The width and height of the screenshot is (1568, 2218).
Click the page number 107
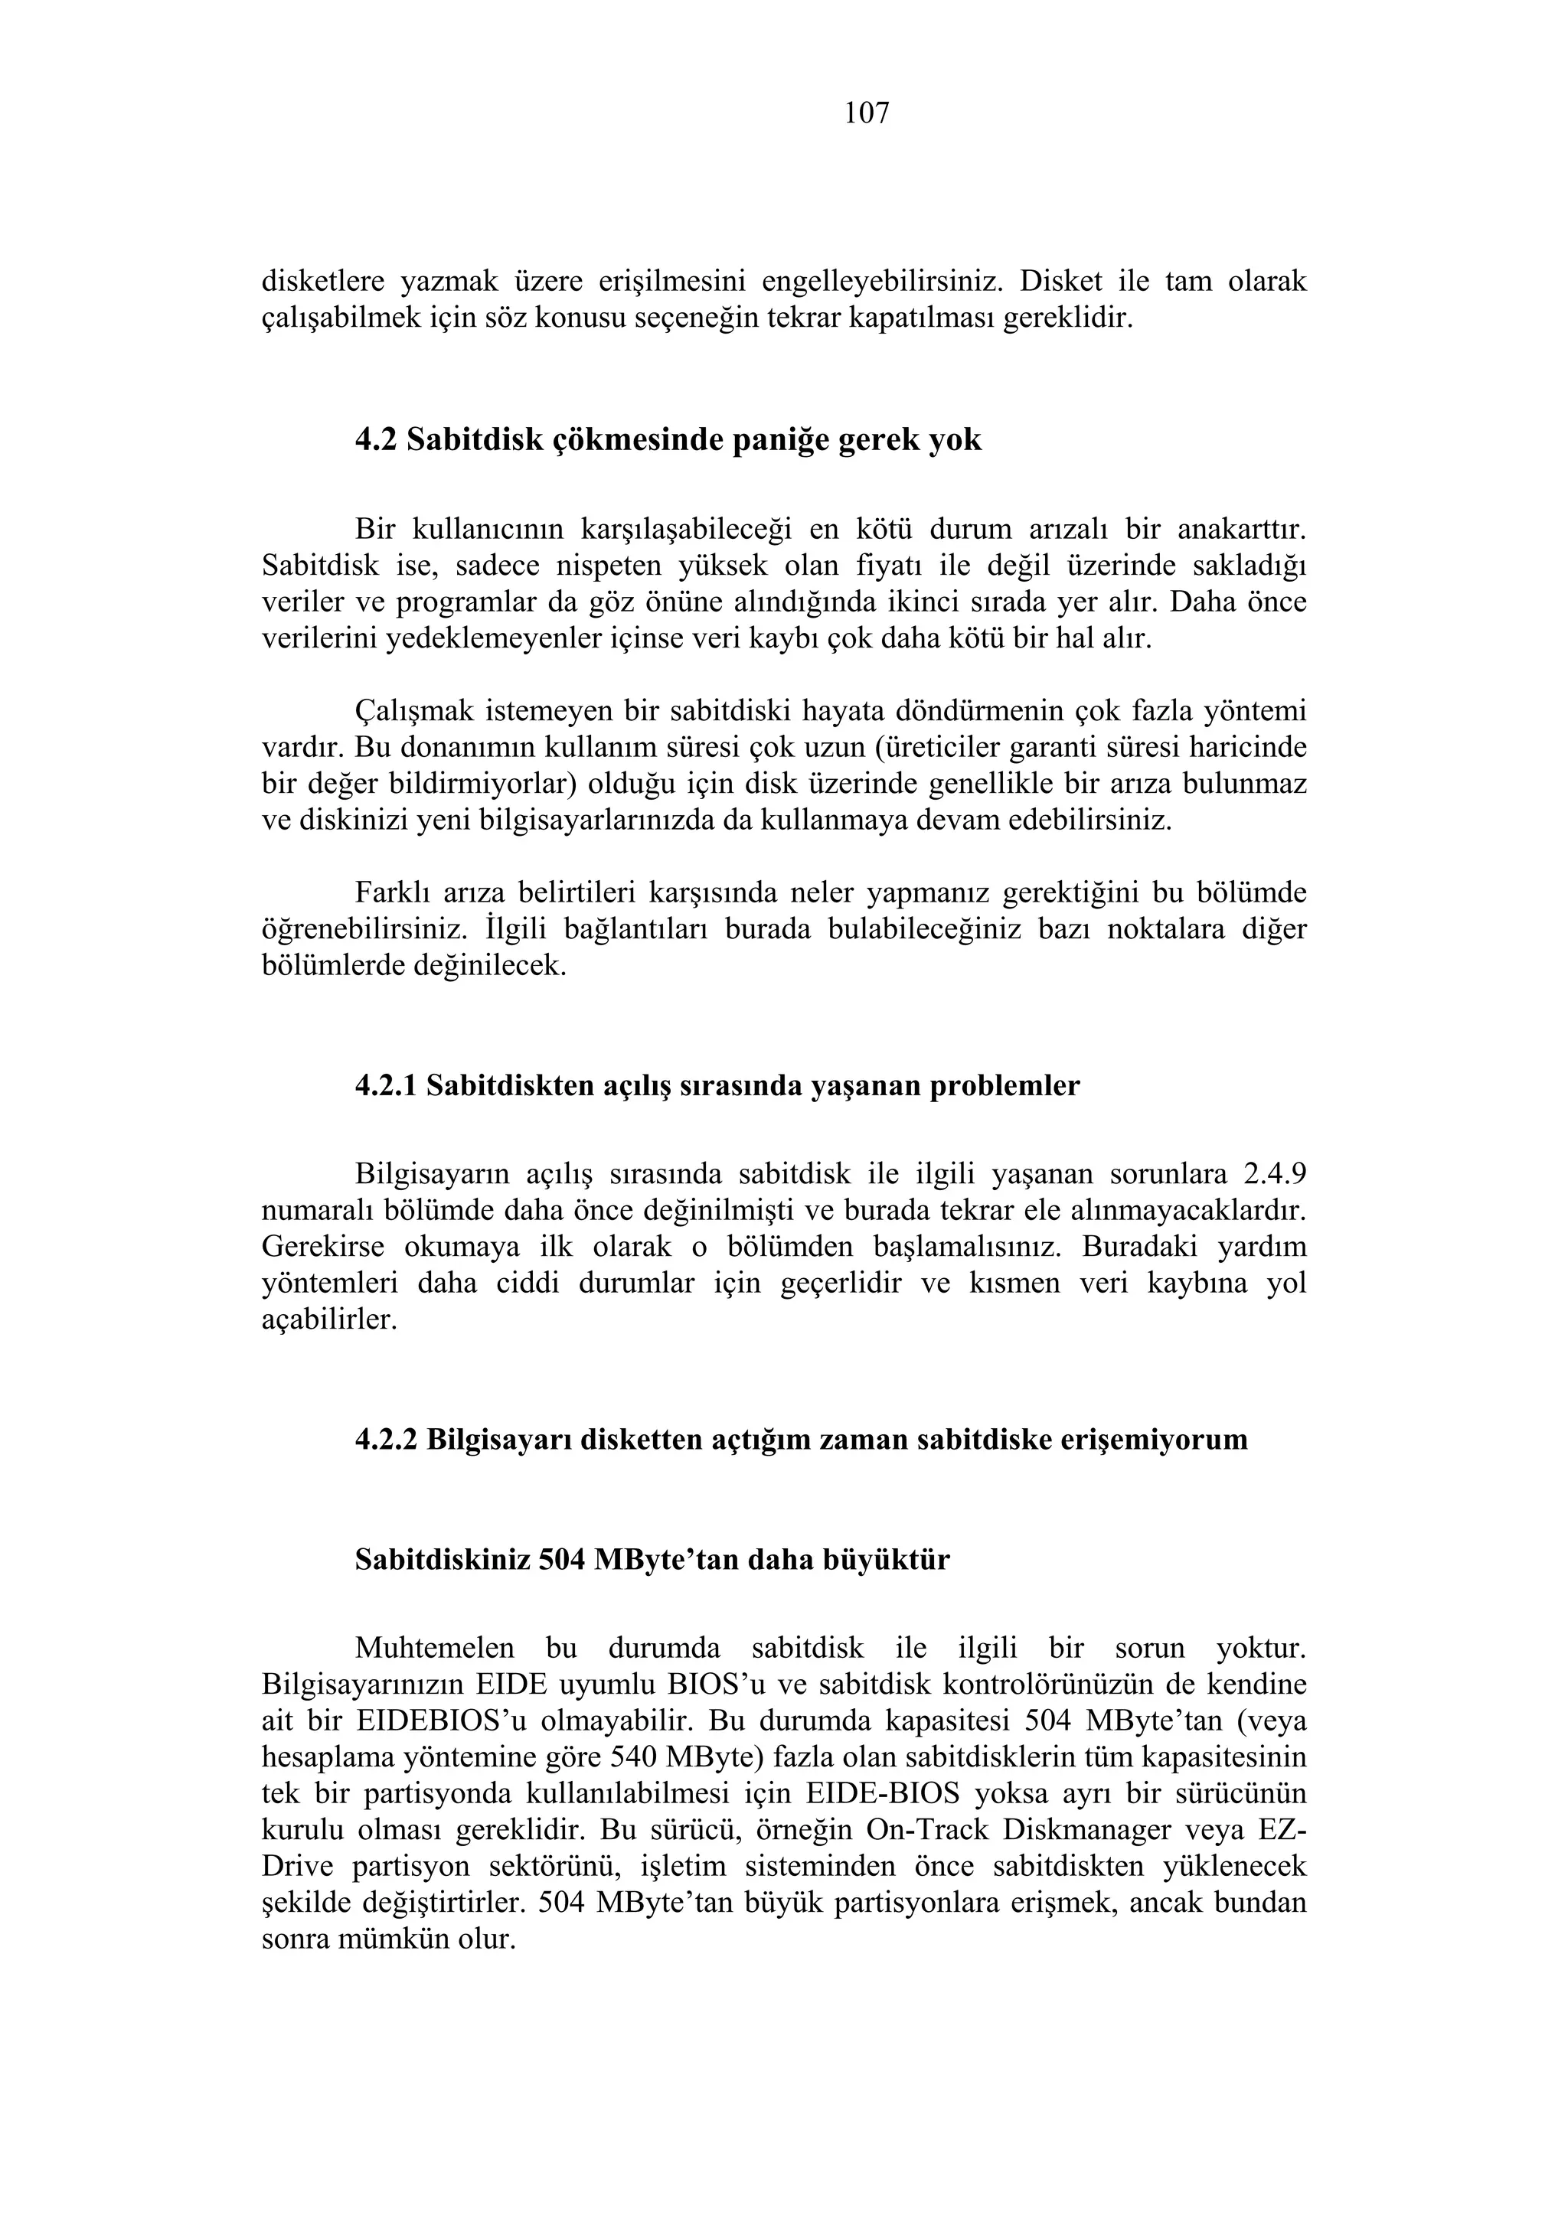(x=867, y=114)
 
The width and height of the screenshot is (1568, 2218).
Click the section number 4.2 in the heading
(x=375, y=441)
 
